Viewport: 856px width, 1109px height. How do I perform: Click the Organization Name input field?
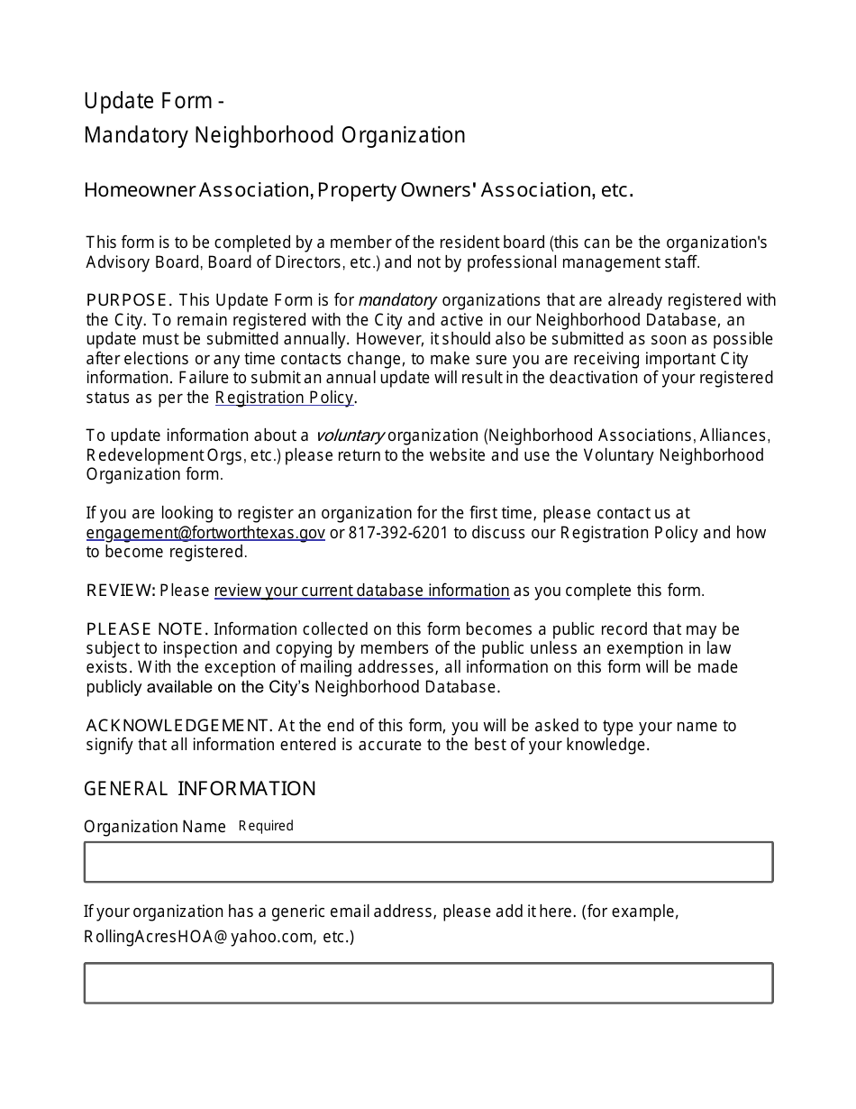[428, 862]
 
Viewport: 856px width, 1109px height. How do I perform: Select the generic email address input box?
[428, 983]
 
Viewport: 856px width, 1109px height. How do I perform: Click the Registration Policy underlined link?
[285, 398]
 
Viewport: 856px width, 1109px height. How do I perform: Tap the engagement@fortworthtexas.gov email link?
[205, 533]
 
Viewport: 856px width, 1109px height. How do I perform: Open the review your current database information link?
[361, 591]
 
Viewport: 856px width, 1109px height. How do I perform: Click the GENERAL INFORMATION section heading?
[199, 789]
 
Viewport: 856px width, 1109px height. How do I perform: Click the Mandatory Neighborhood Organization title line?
[275, 135]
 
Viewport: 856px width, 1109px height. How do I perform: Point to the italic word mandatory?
[397, 300]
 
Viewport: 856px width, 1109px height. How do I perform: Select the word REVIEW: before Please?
[121, 591]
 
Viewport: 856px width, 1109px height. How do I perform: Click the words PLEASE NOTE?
[147, 629]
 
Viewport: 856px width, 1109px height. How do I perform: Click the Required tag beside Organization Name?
[266, 826]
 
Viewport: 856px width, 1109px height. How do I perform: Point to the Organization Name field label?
[155, 827]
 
